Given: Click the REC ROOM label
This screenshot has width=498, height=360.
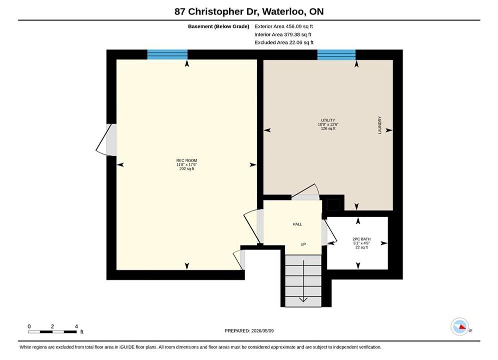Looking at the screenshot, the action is click(186, 160).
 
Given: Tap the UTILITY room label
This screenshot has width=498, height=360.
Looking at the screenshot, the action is click(328, 120).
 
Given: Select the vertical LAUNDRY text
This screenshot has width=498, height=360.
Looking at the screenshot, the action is click(380, 125).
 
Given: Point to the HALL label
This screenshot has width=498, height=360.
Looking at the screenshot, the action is click(297, 224).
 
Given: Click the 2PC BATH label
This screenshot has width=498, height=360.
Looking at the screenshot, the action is click(361, 239).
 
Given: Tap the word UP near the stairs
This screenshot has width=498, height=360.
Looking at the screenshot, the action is click(303, 244).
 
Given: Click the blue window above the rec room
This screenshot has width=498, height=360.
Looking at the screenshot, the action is click(167, 54).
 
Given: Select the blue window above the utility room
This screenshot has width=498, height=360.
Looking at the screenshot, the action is click(336, 54).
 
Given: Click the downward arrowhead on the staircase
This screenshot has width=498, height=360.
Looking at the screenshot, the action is click(303, 299).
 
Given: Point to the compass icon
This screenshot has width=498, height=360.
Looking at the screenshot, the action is click(459, 326).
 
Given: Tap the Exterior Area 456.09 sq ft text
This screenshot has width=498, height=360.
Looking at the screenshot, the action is click(284, 26).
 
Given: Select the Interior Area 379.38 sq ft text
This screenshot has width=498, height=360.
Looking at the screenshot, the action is click(283, 34).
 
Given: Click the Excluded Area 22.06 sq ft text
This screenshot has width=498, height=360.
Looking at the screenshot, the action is click(284, 42).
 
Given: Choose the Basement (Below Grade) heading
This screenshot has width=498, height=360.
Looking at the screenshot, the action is click(219, 26).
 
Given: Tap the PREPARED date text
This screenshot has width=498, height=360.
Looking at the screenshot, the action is click(249, 330).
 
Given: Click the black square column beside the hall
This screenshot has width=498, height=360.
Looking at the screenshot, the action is click(333, 204).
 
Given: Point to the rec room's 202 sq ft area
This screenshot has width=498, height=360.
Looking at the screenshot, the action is click(186, 168).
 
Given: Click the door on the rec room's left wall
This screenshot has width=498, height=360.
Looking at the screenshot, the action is click(106, 140).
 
